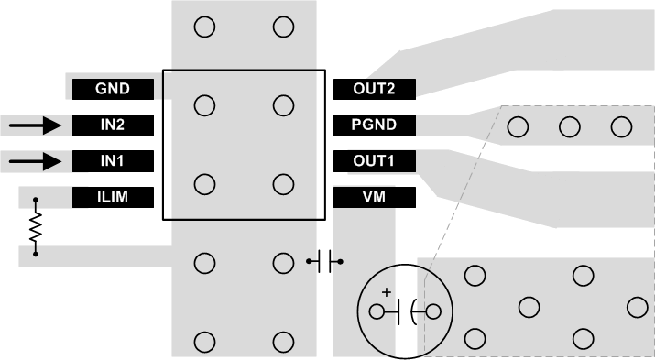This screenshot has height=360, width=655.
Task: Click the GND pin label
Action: click(x=113, y=89)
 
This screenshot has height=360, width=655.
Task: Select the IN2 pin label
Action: click(x=113, y=125)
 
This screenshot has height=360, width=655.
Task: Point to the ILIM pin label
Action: click(x=113, y=197)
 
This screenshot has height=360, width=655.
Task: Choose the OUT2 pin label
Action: click(x=373, y=89)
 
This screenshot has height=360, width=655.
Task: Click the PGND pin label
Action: click(x=373, y=125)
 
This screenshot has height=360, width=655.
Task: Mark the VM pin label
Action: click(x=373, y=197)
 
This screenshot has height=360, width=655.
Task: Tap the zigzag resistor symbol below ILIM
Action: click(x=36, y=226)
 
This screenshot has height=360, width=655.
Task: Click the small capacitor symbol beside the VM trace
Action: click(x=325, y=263)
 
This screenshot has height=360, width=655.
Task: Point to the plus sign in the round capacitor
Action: click(x=386, y=293)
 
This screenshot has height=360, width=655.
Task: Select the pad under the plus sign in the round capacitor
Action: click(x=377, y=312)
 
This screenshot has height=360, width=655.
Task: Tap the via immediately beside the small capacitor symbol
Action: click(x=283, y=264)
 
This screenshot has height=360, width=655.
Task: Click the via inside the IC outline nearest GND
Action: click(x=205, y=106)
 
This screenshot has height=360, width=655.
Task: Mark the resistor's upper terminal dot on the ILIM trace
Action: click(x=36, y=198)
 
